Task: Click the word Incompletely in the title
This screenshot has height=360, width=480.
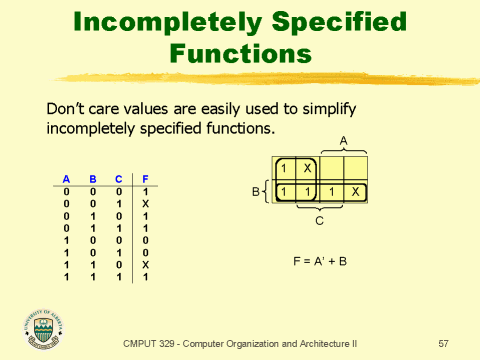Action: coord(168,20)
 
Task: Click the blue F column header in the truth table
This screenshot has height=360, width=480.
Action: coord(145,178)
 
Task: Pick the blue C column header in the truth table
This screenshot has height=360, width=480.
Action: coord(118,178)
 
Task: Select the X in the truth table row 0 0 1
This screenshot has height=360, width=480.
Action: coord(145,201)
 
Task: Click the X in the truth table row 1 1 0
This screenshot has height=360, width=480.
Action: coord(145,263)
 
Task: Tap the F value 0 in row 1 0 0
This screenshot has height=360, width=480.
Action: coord(145,238)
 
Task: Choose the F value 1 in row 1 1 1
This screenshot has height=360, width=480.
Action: coord(145,275)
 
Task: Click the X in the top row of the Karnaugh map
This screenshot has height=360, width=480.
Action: coord(308,167)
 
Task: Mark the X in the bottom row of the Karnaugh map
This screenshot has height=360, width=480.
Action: coord(355,191)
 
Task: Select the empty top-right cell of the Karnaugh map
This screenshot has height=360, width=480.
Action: coord(355,167)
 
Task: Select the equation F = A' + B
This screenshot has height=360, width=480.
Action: coord(318,261)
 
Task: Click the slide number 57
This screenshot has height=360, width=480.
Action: coord(443,343)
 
